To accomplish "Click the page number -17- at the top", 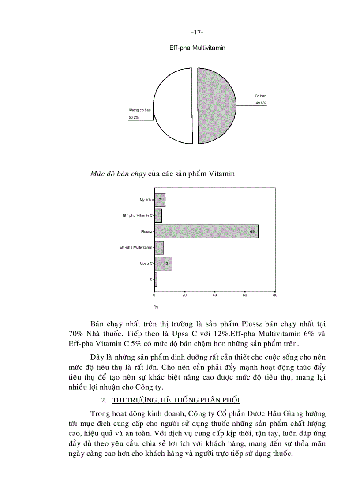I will tap(197, 33).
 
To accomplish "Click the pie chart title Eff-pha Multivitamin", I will tap(197, 48).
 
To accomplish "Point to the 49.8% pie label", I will tap(260, 103).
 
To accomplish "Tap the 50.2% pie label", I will tap(133, 117).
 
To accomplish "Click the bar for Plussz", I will tap(206, 231).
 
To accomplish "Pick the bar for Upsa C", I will tap(163, 263).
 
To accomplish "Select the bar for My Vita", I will tap(160, 200).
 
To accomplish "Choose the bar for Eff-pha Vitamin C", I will tap(158, 216).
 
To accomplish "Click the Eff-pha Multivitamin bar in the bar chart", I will tap(159, 247).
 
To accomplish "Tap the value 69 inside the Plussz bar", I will tap(252, 231).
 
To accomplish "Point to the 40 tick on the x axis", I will tap(214, 295).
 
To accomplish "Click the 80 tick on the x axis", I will tap(274, 295).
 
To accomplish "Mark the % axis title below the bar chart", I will tap(156, 306).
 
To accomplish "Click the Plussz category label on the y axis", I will tap(146, 231).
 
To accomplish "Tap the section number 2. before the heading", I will tap(104, 400).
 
